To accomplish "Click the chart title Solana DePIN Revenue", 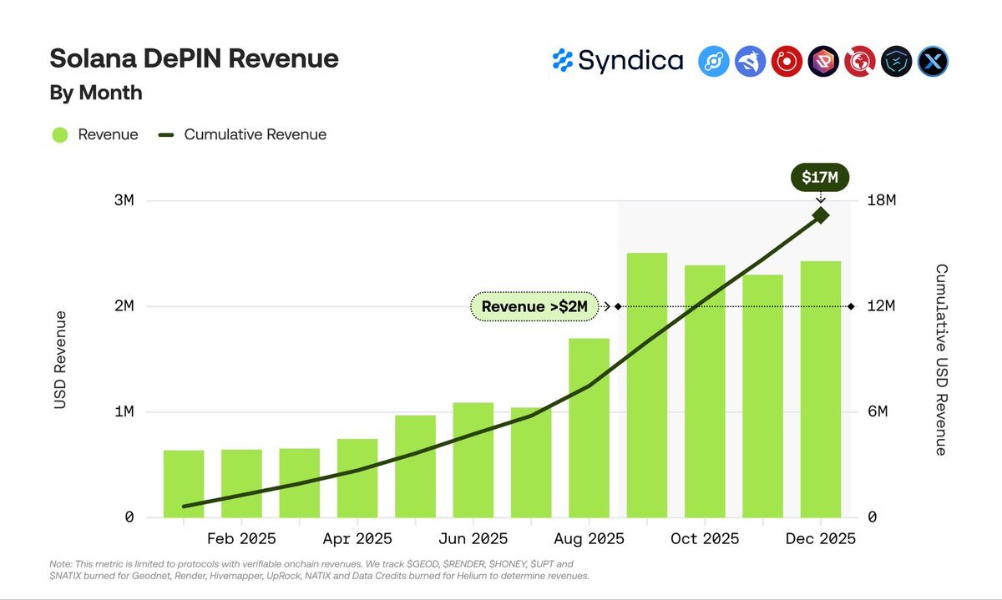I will point(194,58).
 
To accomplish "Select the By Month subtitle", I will point(96,93).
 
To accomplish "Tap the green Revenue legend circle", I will point(59,134).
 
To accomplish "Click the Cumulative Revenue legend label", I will point(255,134).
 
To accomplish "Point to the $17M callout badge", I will point(820,177).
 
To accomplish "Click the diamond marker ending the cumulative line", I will point(821,215).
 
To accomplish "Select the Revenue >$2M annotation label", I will point(534,306).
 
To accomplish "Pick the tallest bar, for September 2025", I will point(647,385).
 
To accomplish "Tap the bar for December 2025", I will point(821,389).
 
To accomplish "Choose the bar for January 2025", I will point(184,484).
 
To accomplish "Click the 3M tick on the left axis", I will point(124,201).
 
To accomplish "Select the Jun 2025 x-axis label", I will point(473,539).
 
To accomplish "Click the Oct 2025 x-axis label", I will point(705,539).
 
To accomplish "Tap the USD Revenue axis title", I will point(60,360).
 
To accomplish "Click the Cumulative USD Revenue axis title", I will point(941,360).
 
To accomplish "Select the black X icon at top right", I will point(933,61).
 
